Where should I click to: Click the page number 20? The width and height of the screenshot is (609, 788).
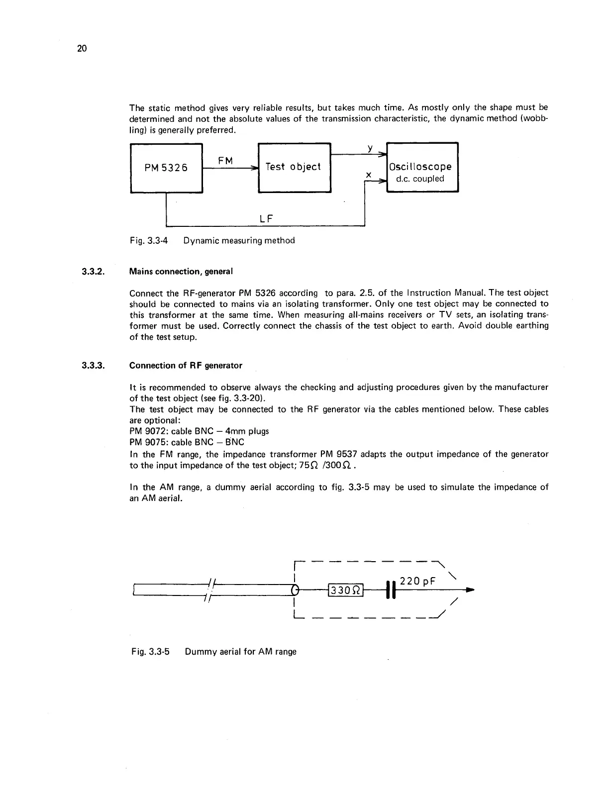tap(82, 48)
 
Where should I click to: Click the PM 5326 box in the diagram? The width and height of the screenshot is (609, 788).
tap(166, 168)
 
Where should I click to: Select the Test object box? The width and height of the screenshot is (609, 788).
tap(294, 167)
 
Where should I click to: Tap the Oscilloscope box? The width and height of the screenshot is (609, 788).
tap(422, 168)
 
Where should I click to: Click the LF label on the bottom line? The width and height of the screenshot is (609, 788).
tap(268, 218)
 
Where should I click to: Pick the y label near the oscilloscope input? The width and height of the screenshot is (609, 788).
tap(370, 148)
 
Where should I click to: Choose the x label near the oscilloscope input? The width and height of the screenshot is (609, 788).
tap(369, 175)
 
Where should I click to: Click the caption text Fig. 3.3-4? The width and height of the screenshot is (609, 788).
tap(149, 241)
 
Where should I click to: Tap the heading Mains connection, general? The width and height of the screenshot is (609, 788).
tap(181, 272)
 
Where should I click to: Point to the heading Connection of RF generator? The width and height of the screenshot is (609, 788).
tap(186, 366)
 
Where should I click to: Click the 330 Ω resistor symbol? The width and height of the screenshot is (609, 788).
tap(345, 591)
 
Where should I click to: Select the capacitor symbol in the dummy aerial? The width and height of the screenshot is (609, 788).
tap(391, 590)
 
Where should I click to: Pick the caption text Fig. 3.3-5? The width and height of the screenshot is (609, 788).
tap(151, 652)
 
